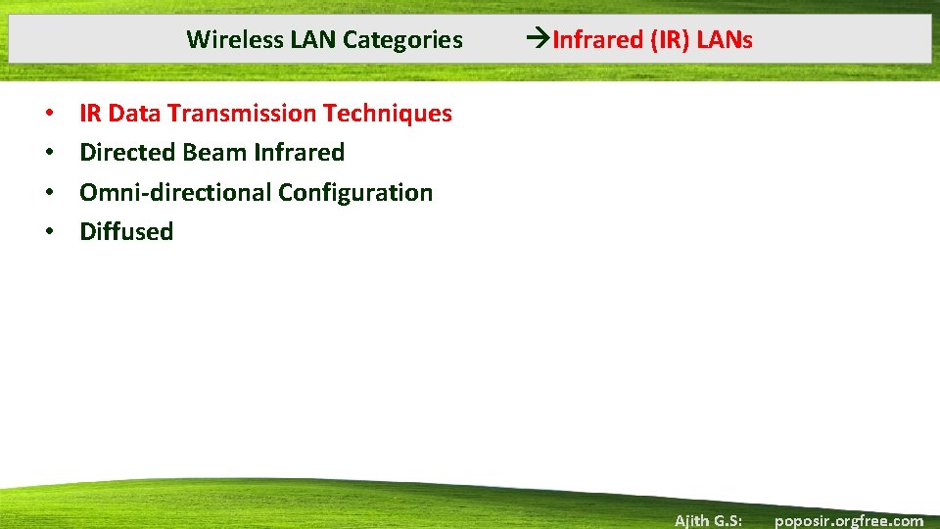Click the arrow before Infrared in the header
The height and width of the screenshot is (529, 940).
(539, 40)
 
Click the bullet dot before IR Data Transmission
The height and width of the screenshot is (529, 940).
(48, 114)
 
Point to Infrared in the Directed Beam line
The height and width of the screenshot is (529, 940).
(299, 153)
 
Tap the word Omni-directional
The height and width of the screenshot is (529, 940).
(175, 193)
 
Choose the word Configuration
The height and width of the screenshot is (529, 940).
(355, 193)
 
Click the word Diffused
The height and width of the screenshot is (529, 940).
(126, 232)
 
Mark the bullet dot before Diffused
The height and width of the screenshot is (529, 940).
(48, 232)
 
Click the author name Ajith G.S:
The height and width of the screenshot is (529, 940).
(708, 520)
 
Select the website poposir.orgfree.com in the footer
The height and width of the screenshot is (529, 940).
(848, 520)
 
